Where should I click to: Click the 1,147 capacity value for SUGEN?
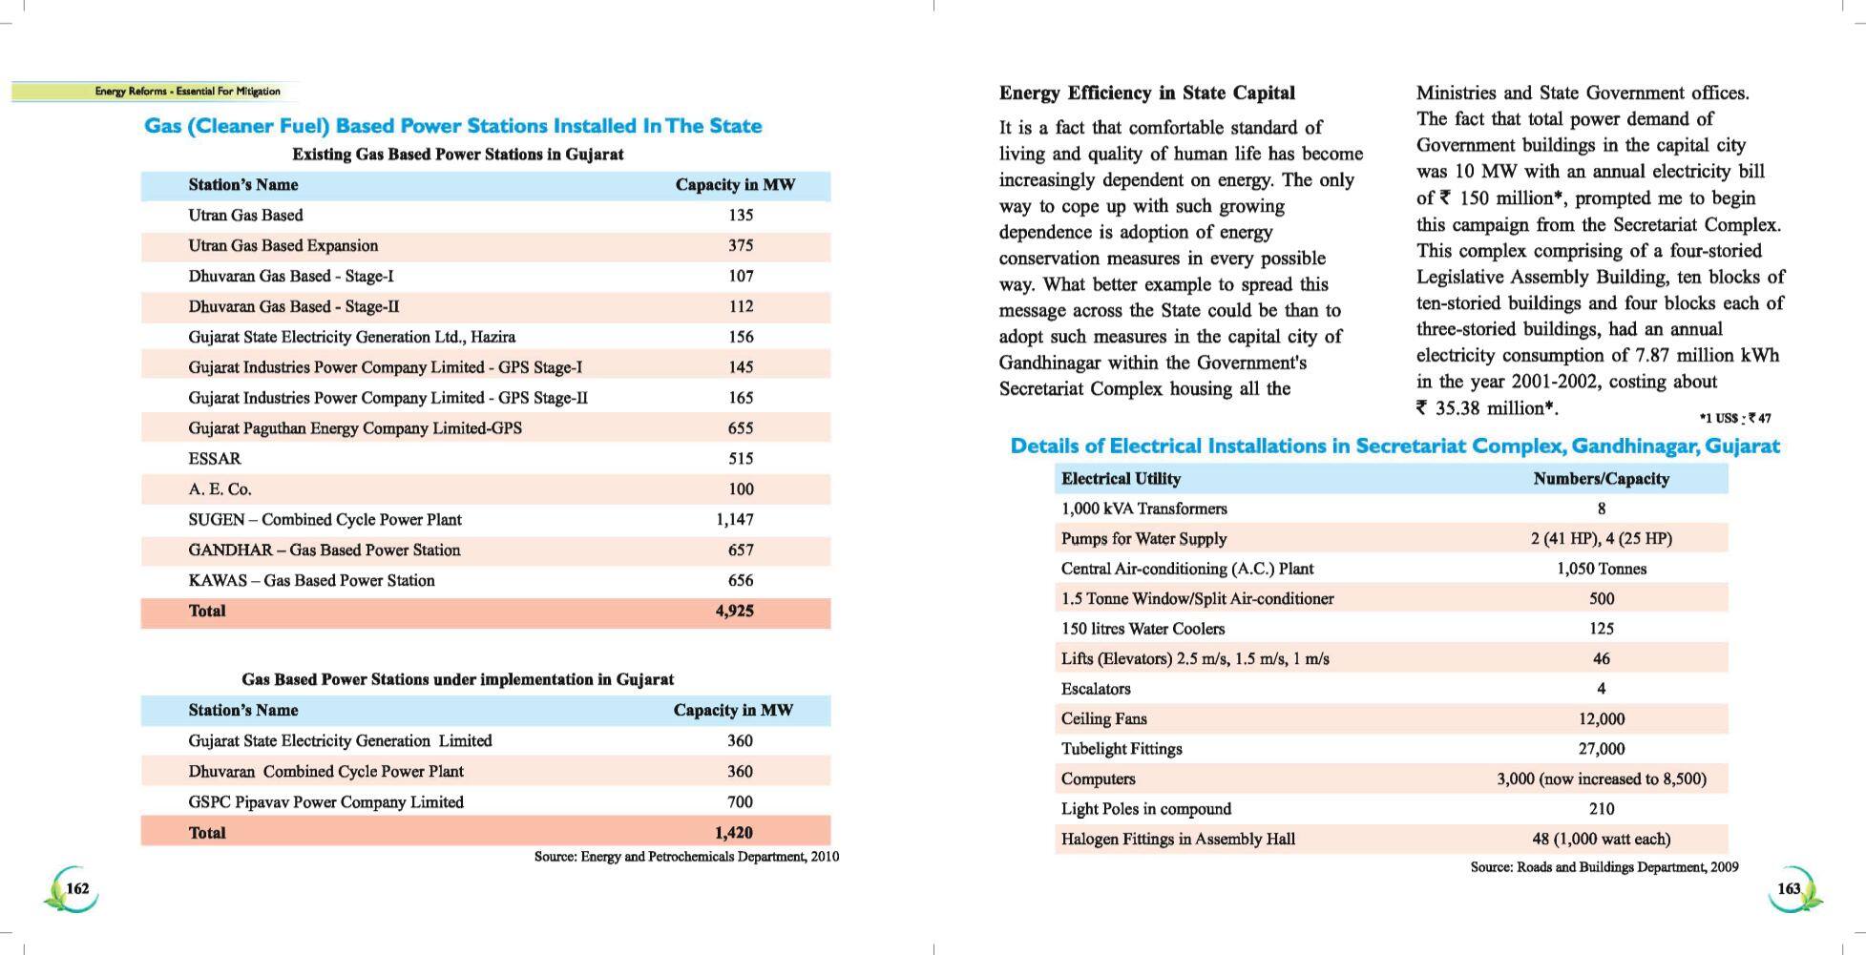[x=734, y=520]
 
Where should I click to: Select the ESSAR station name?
[x=215, y=459]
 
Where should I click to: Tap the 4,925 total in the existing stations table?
[x=734, y=612]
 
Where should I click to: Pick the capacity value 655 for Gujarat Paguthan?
[x=740, y=428]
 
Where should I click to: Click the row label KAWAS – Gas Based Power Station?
[x=311, y=581]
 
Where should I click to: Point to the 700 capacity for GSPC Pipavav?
[x=739, y=802]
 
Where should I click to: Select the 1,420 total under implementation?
[x=733, y=833]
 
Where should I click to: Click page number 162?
[x=77, y=888]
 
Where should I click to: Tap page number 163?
[x=1788, y=888]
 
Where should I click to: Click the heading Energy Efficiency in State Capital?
[x=1146, y=93]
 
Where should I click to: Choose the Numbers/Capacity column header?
[x=1601, y=479]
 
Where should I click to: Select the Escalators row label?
[x=1096, y=689]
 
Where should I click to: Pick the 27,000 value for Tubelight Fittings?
[x=1601, y=749]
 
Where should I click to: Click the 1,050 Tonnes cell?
[x=1601, y=569]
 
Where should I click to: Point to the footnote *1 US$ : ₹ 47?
[x=1734, y=418]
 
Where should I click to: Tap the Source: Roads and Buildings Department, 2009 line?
[x=1604, y=867]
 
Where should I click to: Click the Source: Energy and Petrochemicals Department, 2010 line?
[x=686, y=857]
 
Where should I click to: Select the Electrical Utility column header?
[x=1121, y=479]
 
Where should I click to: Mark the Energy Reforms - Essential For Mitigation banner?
[x=187, y=92]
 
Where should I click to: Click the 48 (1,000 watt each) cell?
[x=1601, y=840]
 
